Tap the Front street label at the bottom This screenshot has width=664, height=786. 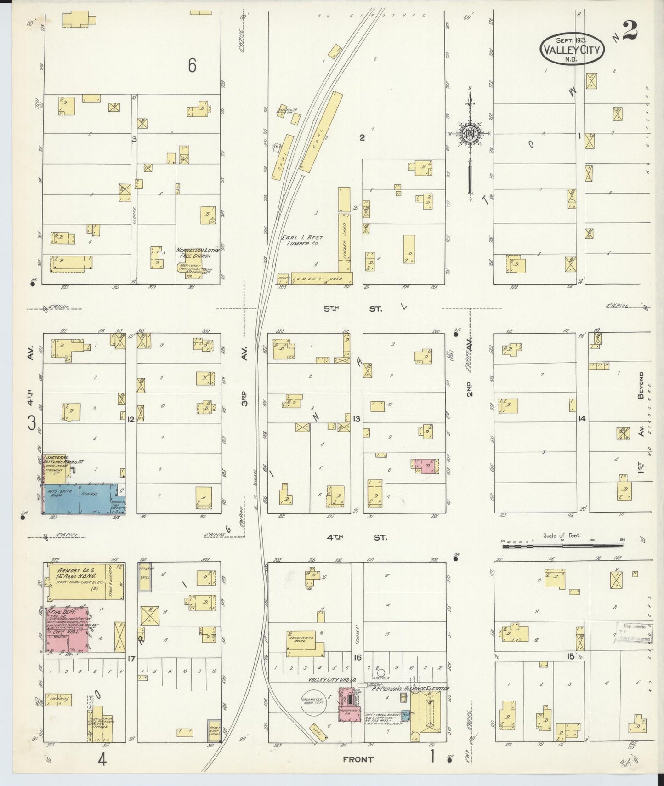point(358,759)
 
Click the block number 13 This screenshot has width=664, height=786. point(356,419)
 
